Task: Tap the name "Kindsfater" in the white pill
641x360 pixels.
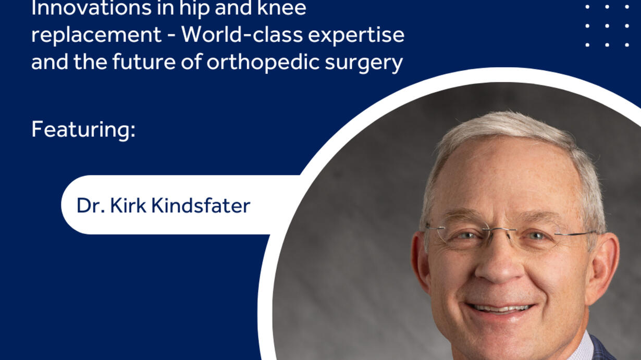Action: click(201, 205)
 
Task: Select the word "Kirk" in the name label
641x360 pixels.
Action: click(128, 205)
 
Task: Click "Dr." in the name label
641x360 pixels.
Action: click(91, 205)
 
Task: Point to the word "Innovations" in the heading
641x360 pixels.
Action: click(91, 8)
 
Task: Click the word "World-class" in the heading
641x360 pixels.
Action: click(242, 35)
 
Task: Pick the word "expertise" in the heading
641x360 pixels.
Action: click(356, 36)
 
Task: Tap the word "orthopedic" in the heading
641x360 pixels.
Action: click(263, 63)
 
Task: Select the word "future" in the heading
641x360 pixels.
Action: click(144, 62)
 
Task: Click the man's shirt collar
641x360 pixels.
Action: click(581, 347)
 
